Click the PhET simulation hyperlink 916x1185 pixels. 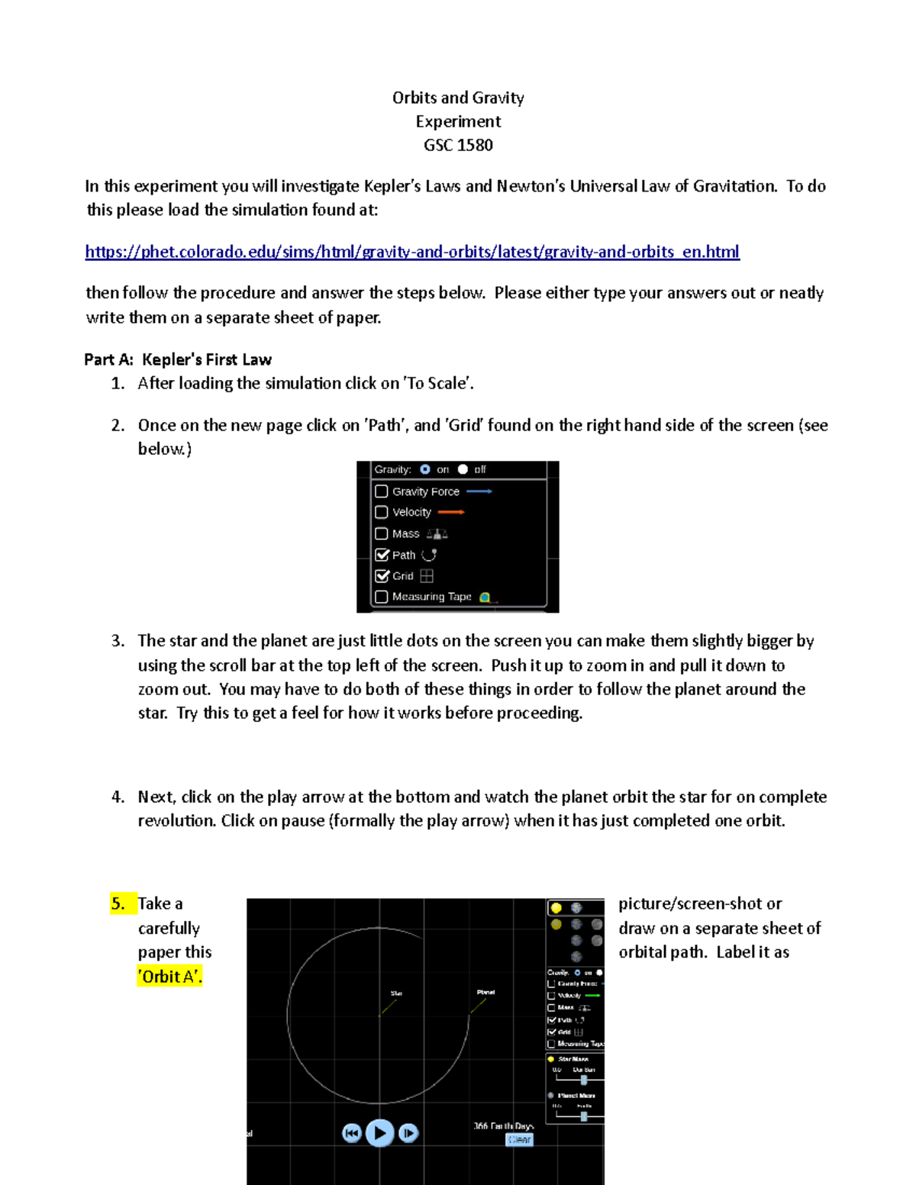(x=412, y=252)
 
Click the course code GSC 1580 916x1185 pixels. (x=458, y=145)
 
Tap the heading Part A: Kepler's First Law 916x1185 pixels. (x=178, y=359)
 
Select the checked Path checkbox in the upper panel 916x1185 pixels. (x=382, y=555)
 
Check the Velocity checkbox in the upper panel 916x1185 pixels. (x=382, y=512)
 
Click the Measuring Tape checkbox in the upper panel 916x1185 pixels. (x=382, y=597)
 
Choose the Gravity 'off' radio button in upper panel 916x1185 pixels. (x=463, y=469)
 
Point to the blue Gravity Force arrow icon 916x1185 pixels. (x=479, y=491)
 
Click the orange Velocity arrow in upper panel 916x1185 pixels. (x=451, y=512)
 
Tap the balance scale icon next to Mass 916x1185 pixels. (x=437, y=534)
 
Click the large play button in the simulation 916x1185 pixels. (x=380, y=1133)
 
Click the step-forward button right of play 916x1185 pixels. (x=408, y=1133)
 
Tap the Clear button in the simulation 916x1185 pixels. (x=519, y=1139)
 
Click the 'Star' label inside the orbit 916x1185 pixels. (x=396, y=993)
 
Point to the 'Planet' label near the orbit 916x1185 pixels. (x=485, y=992)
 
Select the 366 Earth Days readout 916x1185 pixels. (x=503, y=1125)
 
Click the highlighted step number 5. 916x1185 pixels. (x=118, y=903)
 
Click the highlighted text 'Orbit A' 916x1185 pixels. (x=169, y=977)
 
